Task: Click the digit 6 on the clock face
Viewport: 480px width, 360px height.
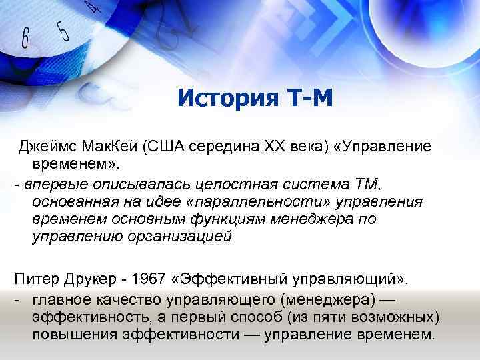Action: click(x=25, y=38)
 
